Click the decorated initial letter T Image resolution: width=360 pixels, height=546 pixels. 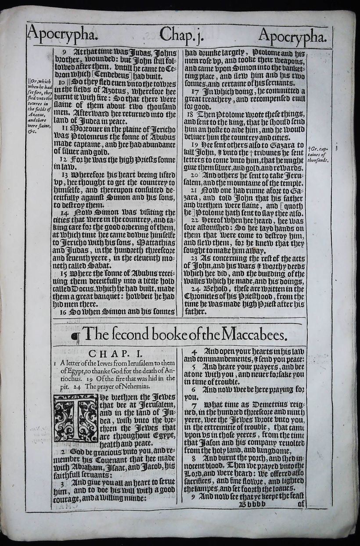(76, 418)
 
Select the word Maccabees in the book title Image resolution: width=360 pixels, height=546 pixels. (255, 336)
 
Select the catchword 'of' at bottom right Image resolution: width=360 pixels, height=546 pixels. (301, 505)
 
